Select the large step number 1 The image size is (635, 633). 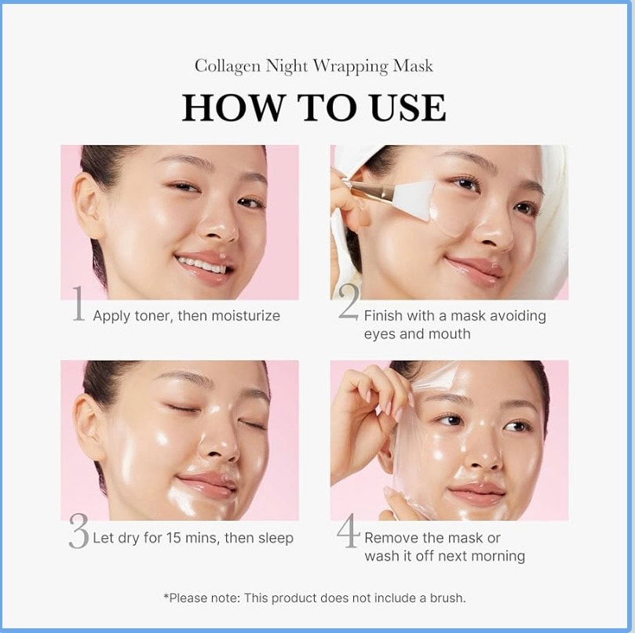point(78,306)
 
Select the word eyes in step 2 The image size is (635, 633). point(381,334)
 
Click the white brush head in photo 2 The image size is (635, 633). point(415,193)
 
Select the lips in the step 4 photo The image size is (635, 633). point(476,493)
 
